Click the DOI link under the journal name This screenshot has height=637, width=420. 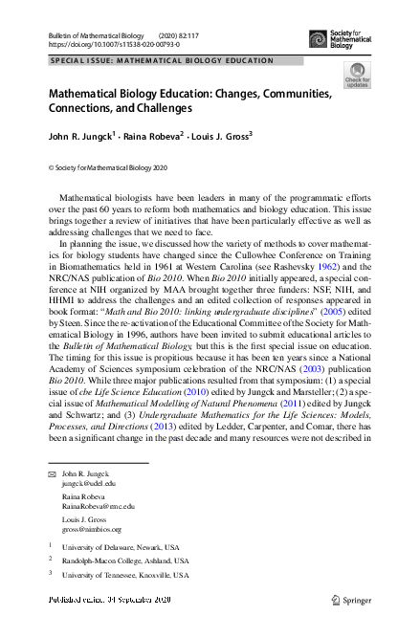click(x=114, y=44)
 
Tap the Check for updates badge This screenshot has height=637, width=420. click(x=357, y=75)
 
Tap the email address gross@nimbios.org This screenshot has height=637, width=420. click(x=84, y=528)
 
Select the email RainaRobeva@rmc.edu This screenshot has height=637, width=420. click(x=99, y=506)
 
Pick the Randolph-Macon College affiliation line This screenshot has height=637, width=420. click(x=125, y=561)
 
